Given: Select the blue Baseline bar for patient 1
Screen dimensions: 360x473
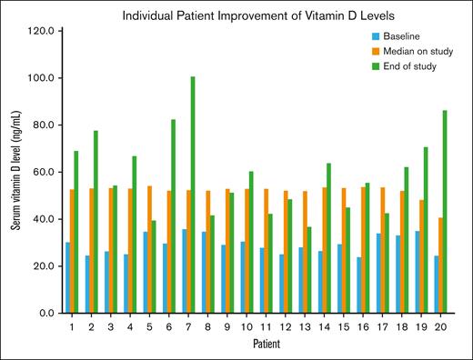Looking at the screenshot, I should click(x=69, y=278).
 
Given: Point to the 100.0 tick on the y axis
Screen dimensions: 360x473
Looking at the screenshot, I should click(x=46, y=78).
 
